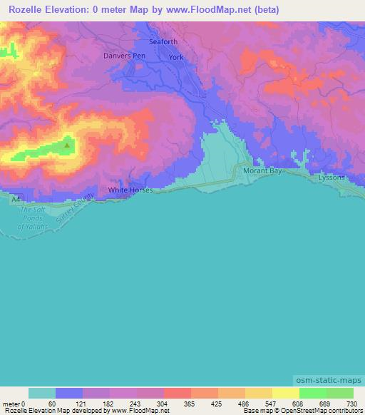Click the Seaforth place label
[x=163, y=42]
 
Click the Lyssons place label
[x=331, y=177]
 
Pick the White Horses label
[x=130, y=190]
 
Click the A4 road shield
[x=16, y=201]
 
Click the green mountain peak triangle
[x=67, y=145]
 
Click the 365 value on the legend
[x=188, y=404]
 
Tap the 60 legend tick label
[x=52, y=404]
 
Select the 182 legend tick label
[x=107, y=404]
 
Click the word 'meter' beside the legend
[x=11, y=404]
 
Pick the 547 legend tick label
[x=269, y=404]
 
